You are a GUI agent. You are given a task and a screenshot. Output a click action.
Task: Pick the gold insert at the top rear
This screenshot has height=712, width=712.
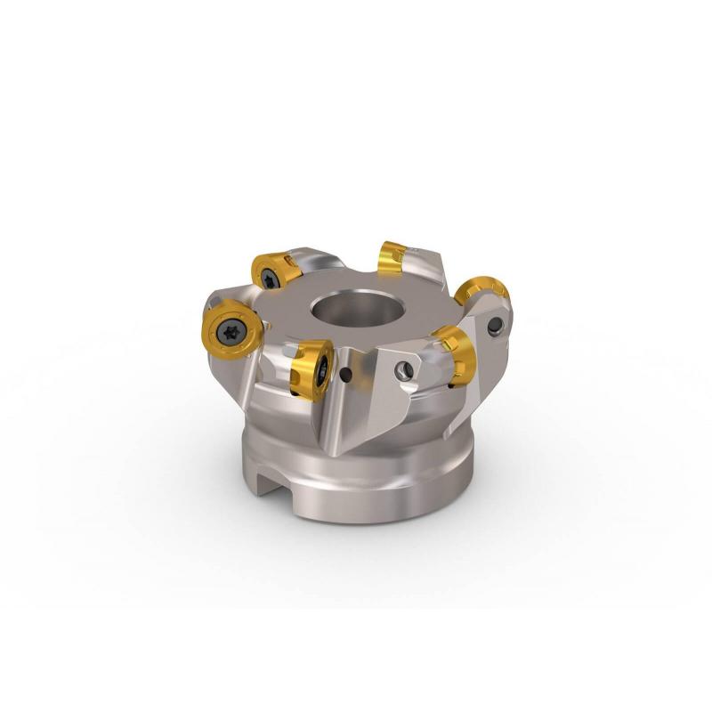(392, 259)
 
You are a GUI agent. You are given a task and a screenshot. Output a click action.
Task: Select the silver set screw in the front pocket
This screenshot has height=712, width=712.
(406, 371)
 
